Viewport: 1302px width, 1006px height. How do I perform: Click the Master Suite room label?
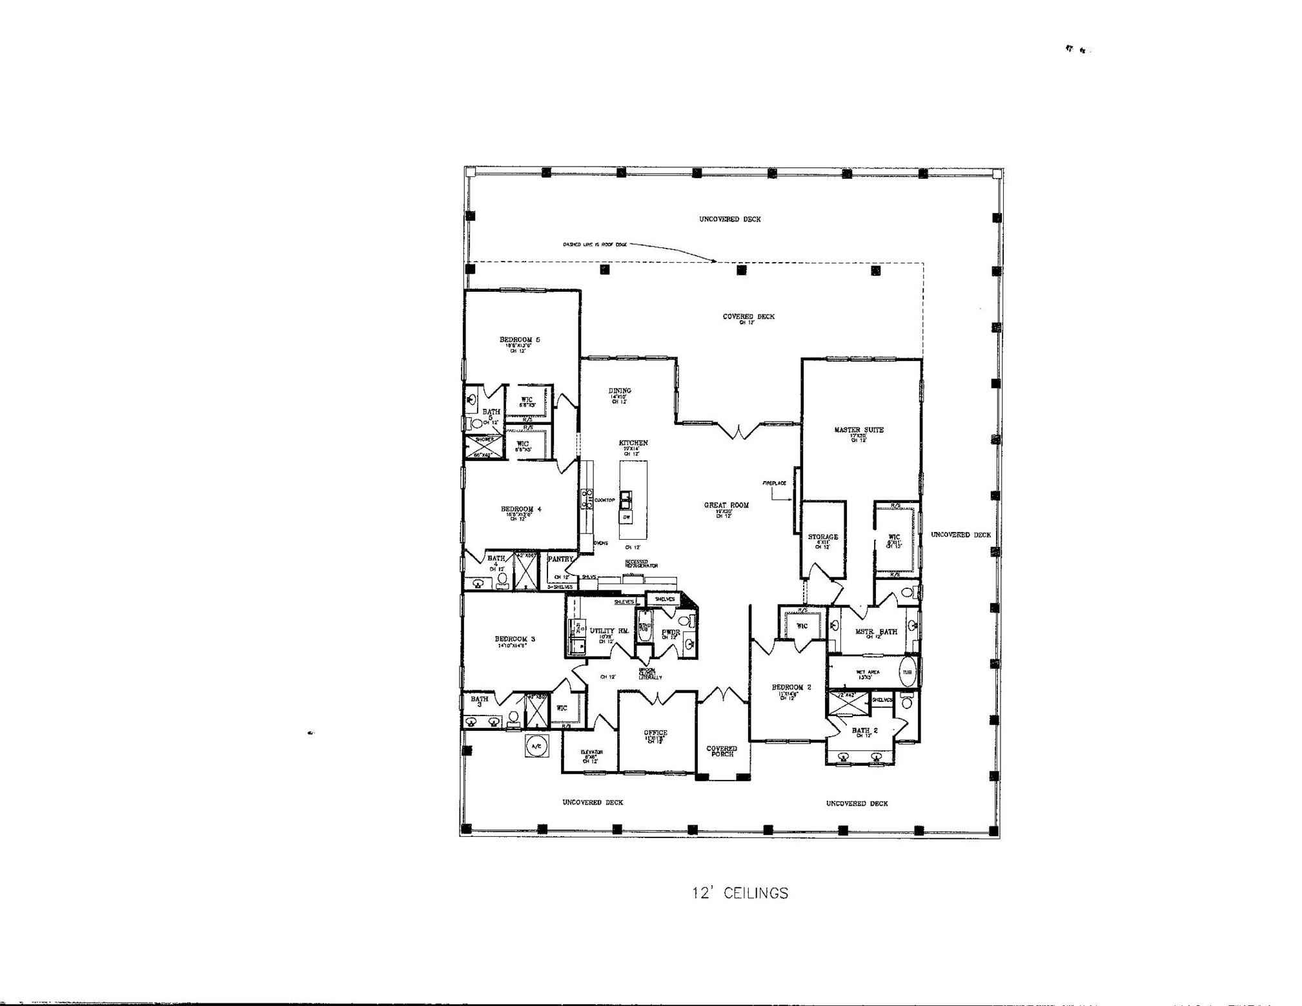858,429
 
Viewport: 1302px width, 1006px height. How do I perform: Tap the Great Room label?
726,505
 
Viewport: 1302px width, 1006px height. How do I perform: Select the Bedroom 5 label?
520,339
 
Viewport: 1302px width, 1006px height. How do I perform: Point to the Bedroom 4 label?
521,509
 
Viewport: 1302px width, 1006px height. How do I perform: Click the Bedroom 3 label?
514,639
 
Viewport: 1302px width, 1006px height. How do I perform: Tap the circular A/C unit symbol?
536,746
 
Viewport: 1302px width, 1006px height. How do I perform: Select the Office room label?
655,733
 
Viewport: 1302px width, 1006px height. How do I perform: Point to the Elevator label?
591,752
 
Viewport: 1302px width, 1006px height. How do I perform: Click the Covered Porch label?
722,751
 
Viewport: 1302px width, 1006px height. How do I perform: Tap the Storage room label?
822,537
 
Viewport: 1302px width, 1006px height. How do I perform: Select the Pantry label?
560,559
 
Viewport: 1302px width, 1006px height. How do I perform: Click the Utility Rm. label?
609,631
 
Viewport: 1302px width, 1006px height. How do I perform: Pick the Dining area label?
620,391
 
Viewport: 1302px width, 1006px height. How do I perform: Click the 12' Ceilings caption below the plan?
740,893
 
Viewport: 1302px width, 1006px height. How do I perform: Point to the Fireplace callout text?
774,483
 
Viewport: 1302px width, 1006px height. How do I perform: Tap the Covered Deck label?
748,316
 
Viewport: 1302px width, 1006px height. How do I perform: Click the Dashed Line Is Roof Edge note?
594,245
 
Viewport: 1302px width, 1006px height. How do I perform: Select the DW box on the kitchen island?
626,517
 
